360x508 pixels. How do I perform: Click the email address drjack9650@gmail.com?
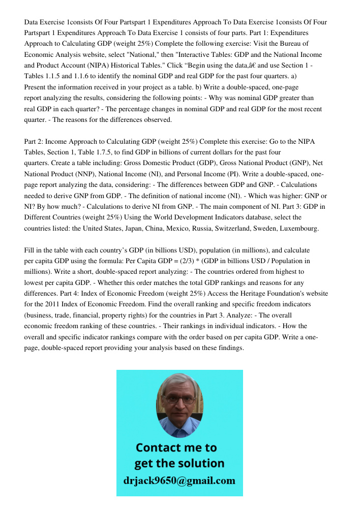[x=179, y=481]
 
